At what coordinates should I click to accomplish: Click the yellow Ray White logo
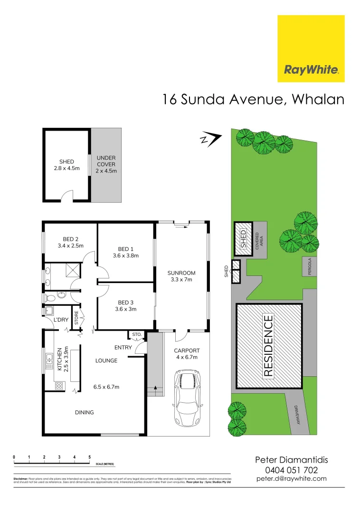click(311, 48)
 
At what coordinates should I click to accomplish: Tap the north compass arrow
click(210, 139)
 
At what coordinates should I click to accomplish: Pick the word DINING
click(84, 412)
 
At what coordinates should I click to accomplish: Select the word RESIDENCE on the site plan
click(268, 346)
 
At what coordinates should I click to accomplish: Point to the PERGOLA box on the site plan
click(309, 267)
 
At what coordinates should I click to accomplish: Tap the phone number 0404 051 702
click(292, 470)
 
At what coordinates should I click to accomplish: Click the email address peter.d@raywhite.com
click(292, 479)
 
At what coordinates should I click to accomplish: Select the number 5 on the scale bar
click(89, 457)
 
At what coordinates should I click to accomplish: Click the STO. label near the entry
click(137, 335)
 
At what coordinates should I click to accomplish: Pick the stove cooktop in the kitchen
click(60, 386)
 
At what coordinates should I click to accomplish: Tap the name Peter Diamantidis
click(292, 460)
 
